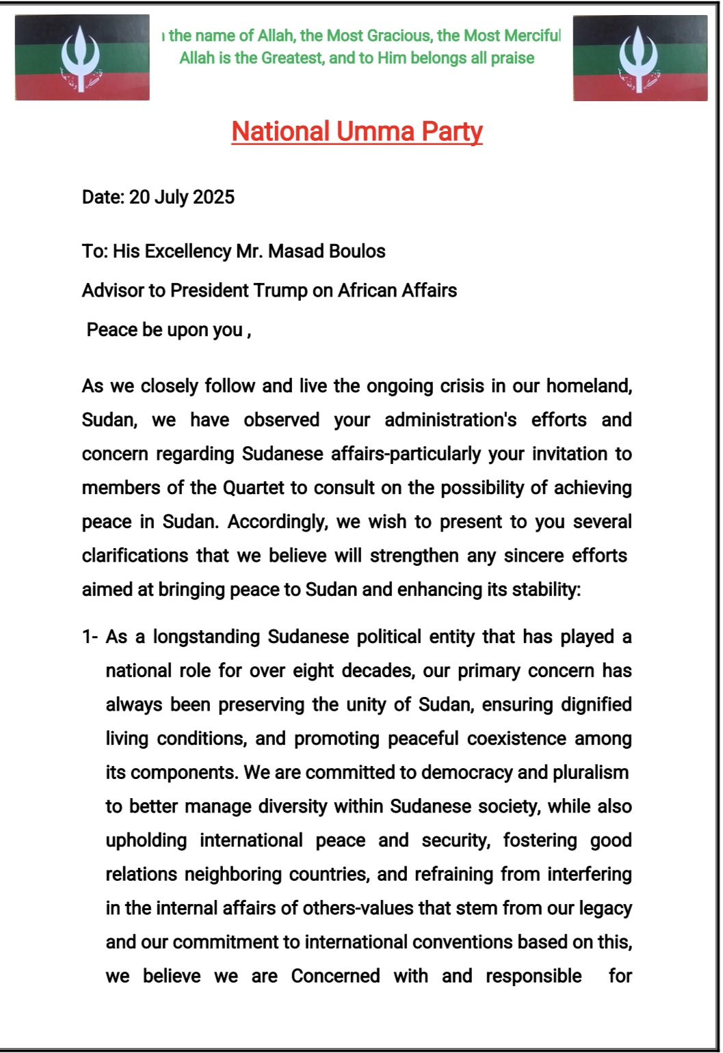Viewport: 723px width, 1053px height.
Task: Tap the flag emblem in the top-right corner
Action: click(x=639, y=59)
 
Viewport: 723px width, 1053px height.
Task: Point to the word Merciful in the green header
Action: click(x=532, y=36)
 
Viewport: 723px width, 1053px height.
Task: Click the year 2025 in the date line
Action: click(x=213, y=197)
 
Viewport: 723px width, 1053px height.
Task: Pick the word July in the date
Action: click(x=171, y=197)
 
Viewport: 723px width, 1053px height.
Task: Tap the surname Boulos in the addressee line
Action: click(x=357, y=251)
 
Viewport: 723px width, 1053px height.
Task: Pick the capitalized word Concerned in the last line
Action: click(x=335, y=976)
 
